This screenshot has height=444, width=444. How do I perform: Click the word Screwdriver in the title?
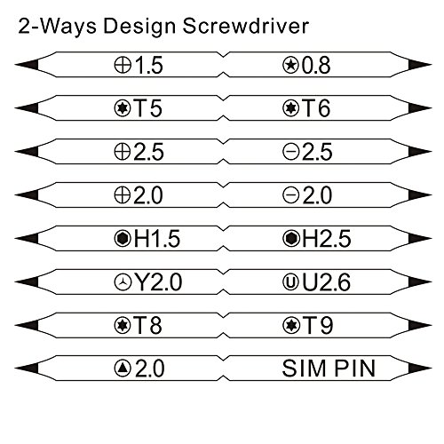(246, 26)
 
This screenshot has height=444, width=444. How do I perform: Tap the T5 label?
(148, 108)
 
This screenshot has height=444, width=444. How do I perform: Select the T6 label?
(316, 108)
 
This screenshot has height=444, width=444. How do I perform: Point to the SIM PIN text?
(329, 369)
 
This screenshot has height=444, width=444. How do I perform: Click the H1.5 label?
(157, 239)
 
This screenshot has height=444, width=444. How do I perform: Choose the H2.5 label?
(327, 239)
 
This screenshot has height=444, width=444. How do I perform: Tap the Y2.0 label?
(158, 282)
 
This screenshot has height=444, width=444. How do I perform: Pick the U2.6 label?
(326, 282)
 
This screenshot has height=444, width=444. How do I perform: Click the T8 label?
(148, 325)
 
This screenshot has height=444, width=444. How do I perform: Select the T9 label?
(317, 325)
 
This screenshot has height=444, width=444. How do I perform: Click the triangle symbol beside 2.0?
(123, 369)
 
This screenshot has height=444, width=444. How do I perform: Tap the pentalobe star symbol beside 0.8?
(290, 65)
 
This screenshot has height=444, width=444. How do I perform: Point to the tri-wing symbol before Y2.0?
(123, 282)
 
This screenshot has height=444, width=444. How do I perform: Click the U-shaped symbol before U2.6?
(290, 282)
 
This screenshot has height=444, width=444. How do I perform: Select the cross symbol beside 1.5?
(123, 65)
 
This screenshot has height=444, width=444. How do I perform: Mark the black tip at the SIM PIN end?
(419, 369)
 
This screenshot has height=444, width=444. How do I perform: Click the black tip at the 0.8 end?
(419, 65)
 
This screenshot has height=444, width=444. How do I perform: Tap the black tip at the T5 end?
(28, 108)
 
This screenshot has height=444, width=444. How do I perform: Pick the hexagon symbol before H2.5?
(290, 239)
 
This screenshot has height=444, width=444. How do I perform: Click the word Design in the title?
(139, 27)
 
